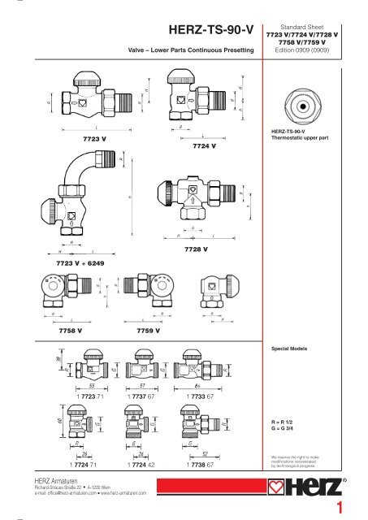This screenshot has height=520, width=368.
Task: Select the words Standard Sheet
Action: tap(314, 26)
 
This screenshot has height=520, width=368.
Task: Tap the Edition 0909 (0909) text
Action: tap(314, 53)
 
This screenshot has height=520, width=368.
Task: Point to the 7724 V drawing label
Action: tap(204, 146)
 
